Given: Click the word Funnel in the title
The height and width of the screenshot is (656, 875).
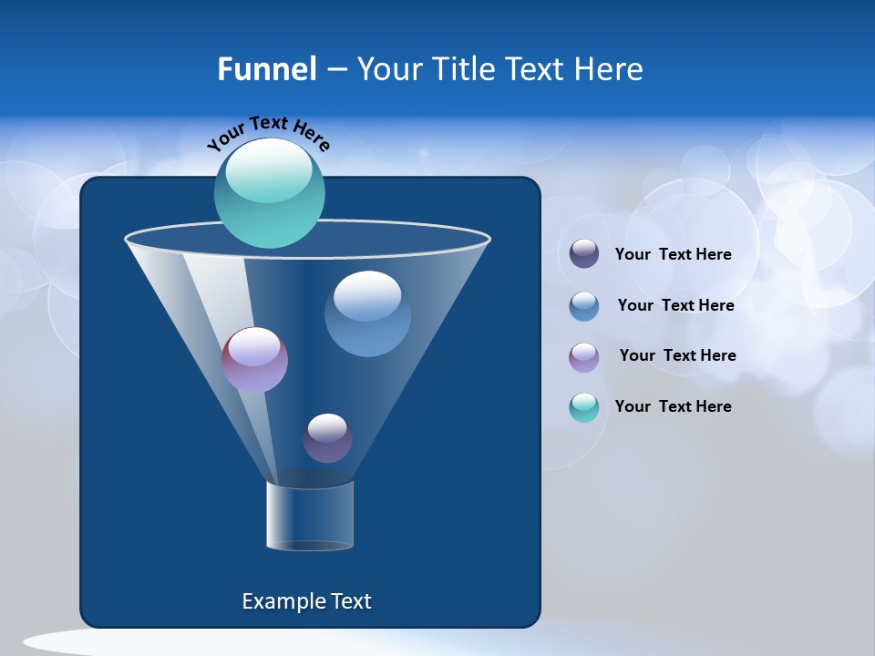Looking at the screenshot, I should tap(266, 68).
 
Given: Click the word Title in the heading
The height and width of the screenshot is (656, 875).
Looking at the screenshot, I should tap(463, 68).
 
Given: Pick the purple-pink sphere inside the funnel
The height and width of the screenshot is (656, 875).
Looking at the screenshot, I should tap(254, 361).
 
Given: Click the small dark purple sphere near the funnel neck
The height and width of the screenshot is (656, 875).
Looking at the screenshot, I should tap(327, 439).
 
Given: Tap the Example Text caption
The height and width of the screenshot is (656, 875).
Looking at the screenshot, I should tap(306, 601).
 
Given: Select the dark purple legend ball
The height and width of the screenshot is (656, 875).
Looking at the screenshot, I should tap(584, 254).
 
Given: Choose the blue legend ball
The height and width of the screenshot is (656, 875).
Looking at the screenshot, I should tap(584, 306).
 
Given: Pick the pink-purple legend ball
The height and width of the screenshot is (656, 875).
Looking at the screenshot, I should tap(584, 356).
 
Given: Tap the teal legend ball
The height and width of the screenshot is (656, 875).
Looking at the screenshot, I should tap(584, 407).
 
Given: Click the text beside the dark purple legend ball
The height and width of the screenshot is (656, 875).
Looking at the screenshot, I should tap(673, 254).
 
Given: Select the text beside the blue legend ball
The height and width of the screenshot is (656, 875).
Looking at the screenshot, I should tap(675, 305).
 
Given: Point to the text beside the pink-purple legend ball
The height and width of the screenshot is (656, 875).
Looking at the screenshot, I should tap(677, 355).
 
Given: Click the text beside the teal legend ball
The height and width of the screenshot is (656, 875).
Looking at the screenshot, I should tap(673, 406).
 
